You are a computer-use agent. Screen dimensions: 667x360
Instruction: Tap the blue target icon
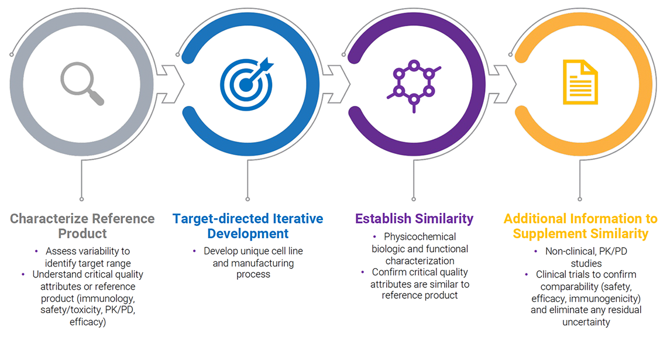tap(247, 84)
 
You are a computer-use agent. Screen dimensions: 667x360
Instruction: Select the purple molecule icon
tap(414, 85)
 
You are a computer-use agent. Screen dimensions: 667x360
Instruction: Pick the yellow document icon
tap(580, 82)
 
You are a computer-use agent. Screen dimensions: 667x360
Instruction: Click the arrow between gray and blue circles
tap(170, 84)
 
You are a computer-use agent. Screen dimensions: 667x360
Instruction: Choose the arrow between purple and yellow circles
tap(503, 84)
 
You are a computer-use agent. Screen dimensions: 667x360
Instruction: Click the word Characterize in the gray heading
tap(49, 219)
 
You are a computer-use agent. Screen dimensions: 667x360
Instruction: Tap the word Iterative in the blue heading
tap(298, 219)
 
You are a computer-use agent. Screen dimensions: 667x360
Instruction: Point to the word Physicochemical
tap(420, 236)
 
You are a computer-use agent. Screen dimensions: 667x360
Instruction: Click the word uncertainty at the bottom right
tap(586, 322)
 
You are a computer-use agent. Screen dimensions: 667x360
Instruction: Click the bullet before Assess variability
tap(36, 251)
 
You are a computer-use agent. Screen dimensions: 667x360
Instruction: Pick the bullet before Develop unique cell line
tap(194, 251)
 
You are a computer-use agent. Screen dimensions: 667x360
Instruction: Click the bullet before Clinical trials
tap(527, 275)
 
